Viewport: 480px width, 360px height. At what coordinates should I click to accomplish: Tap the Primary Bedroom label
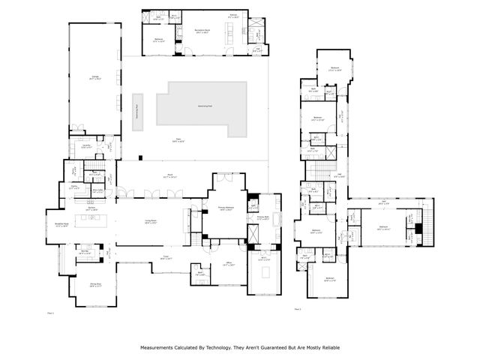pos(226,209)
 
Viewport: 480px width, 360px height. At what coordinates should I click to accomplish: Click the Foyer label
pos(165,257)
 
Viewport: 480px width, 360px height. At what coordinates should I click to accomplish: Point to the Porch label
pos(160,175)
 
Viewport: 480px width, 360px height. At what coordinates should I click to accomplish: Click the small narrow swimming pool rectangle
pos(137,112)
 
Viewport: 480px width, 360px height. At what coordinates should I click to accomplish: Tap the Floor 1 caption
pos(50,309)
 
